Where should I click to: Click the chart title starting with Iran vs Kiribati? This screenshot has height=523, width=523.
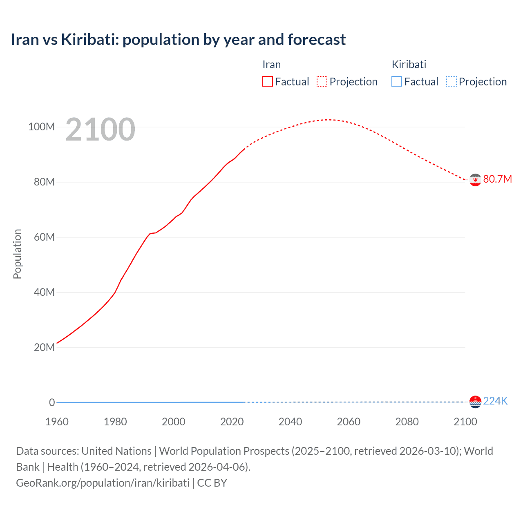coord(178,40)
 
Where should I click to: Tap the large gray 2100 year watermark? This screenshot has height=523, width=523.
coord(100,130)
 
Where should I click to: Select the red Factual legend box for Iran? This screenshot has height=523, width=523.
coord(267,81)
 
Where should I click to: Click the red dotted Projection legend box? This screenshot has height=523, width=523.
coord(322,81)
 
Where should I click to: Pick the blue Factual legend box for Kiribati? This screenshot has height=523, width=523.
coord(396,81)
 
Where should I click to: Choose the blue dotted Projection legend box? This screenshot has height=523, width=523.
coord(451,81)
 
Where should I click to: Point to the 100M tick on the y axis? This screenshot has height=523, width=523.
coord(41,127)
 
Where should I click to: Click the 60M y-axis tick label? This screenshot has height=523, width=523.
coord(44,237)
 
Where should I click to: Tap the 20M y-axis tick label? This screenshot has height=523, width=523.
coord(44,347)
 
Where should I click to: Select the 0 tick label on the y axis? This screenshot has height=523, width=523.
coord(52,402)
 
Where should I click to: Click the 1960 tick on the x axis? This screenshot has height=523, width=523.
coord(57,422)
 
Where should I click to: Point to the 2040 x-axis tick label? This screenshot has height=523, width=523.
coord(290,422)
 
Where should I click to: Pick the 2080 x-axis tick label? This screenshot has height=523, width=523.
coord(407,422)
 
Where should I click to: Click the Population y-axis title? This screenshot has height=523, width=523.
coord(17,254)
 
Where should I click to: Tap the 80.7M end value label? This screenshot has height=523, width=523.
coord(497,179)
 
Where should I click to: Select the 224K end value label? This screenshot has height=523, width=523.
coord(495,401)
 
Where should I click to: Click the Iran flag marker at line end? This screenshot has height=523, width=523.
coord(475,180)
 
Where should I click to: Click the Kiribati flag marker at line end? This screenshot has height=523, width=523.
coord(475,402)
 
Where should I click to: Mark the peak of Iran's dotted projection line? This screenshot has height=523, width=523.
coord(328,120)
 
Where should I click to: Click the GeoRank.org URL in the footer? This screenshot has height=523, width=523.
coord(103,483)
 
